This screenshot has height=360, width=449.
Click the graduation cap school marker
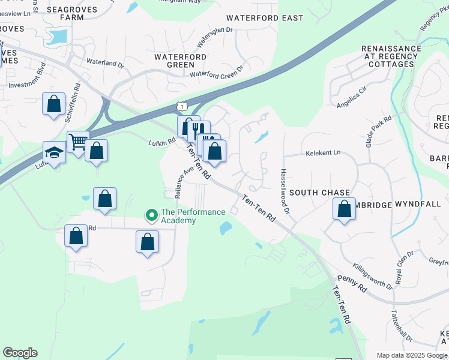coord(54,153)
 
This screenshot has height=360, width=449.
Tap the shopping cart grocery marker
coord(78,142)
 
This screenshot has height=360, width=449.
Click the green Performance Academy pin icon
coord(152,214)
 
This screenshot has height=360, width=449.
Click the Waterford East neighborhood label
coord(265,18)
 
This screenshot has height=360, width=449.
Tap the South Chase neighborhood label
coord(319,193)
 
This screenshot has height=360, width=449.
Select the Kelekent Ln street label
coord(323,152)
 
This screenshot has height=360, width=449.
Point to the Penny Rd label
coord(352,283)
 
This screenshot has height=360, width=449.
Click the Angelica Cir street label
coord(351,98)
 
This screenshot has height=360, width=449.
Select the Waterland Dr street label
coord(104,62)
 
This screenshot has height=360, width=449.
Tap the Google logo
coord(20,353)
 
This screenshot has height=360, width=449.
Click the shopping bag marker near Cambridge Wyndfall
coord(344,209)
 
